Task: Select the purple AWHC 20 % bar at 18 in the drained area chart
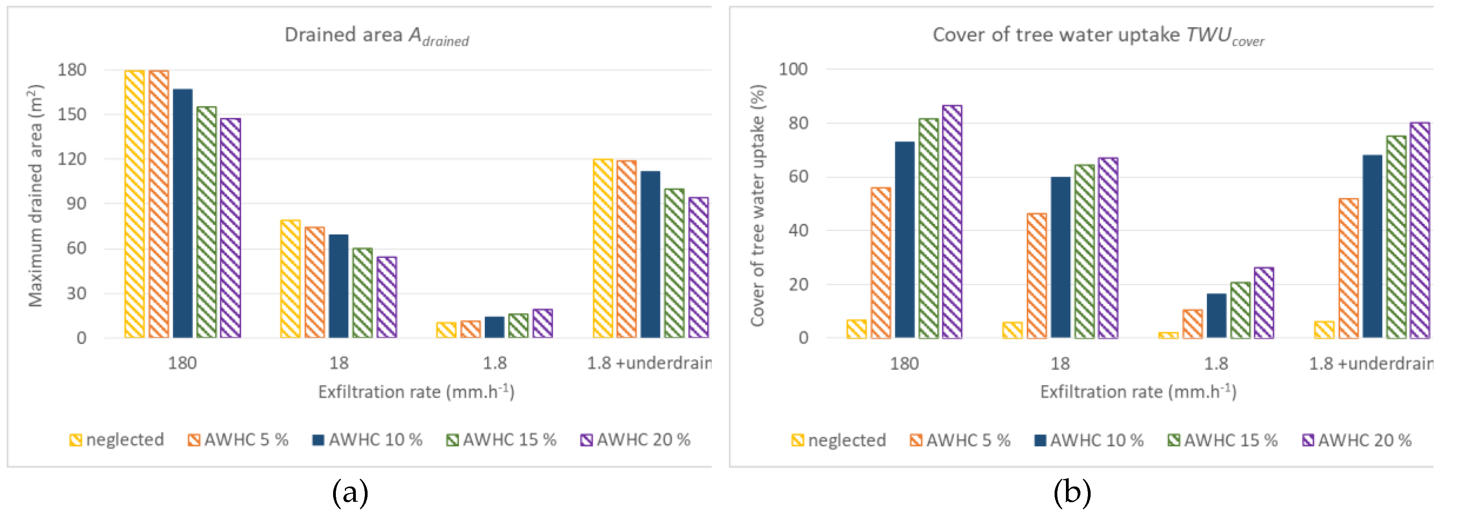387,297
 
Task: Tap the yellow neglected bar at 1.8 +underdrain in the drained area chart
603,249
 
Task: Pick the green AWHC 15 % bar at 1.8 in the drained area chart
518,326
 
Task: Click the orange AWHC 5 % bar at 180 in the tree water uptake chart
881,263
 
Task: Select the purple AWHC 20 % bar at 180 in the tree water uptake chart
952,222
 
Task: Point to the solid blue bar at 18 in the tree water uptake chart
1061,258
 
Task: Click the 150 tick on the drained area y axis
72,114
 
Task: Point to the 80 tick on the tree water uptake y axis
798,123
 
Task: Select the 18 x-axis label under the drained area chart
339,363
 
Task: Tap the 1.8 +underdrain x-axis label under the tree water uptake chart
1371,363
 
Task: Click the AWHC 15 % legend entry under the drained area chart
501,440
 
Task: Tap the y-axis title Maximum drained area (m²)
35,196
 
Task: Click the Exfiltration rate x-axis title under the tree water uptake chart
1138,392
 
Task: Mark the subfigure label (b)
1071,492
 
